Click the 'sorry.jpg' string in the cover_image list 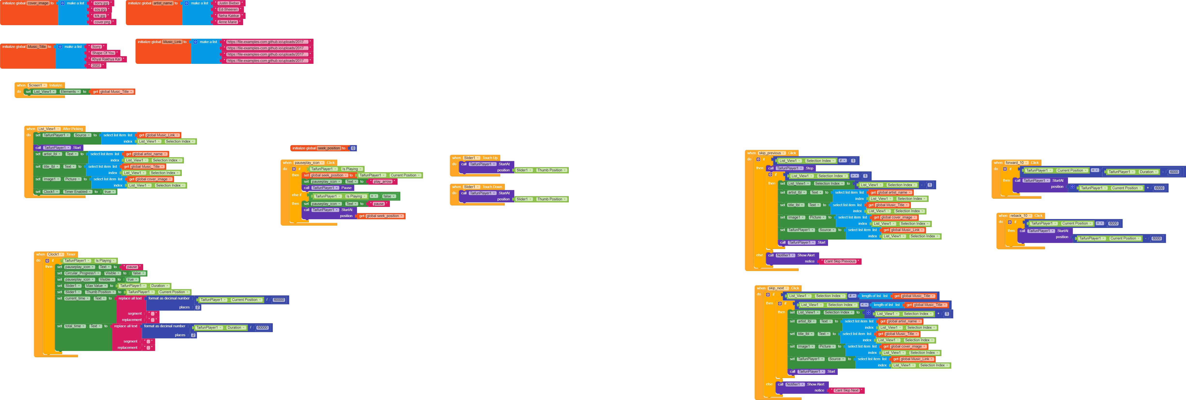101,3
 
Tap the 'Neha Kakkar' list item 228,16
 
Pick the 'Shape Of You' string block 103,53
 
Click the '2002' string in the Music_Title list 96,65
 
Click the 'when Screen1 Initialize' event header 22,85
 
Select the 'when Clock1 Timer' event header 41,254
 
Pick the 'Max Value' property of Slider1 95,286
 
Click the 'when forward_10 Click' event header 998,162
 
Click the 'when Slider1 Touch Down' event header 456,187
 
